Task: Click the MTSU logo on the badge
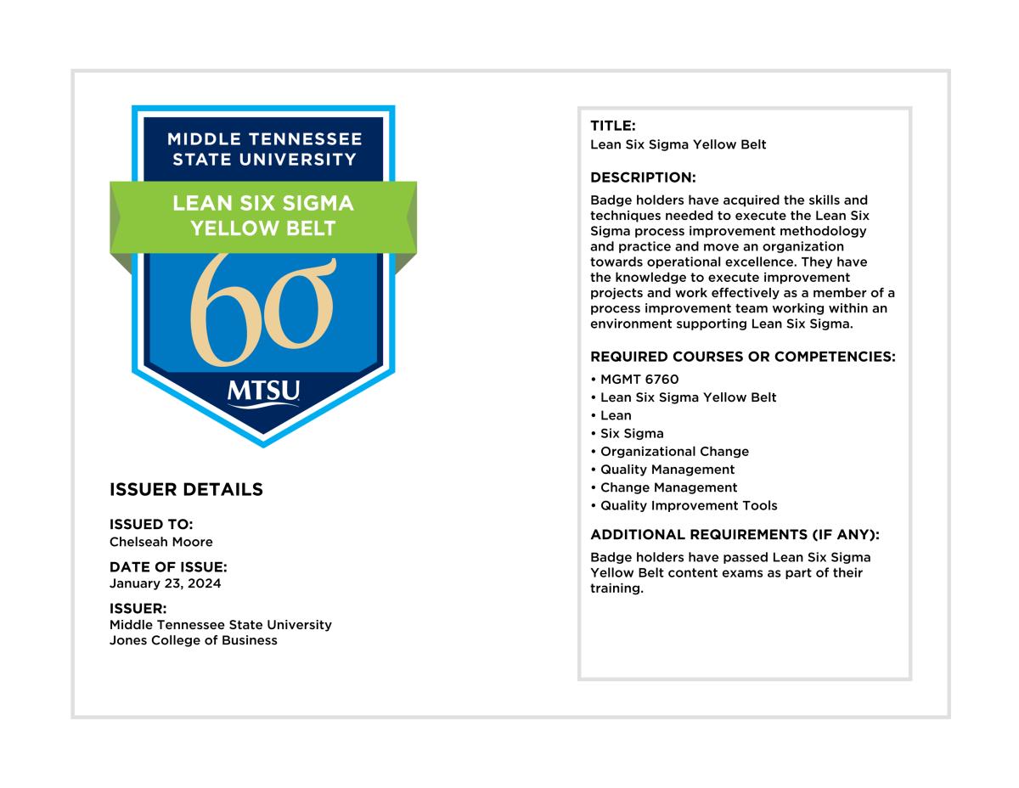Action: click(x=263, y=393)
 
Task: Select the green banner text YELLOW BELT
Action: click(x=263, y=228)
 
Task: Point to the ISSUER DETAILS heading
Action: click(x=186, y=490)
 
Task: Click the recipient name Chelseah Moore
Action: click(x=161, y=542)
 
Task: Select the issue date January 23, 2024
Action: click(x=166, y=583)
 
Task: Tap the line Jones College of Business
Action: click(x=194, y=640)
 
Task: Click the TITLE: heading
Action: click(x=613, y=126)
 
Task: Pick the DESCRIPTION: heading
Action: click(x=643, y=177)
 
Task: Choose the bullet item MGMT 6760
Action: click(x=639, y=380)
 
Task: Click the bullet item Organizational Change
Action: click(x=674, y=452)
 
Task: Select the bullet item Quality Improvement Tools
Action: click(x=689, y=506)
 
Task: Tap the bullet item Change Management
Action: click(x=668, y=487)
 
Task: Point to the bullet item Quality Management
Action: click(x=667, y=470)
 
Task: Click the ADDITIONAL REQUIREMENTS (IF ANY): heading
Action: click(x=735, y=535)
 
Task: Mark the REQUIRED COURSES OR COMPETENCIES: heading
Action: click(x=743, y=357)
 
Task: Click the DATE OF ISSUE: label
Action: click(x=168, y=567)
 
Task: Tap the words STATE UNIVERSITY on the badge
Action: click(x=264, y=159)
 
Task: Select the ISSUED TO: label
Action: click(x=151, y=525)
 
